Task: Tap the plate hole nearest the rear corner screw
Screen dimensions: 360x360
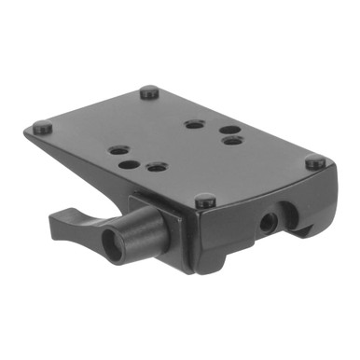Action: (193, 124)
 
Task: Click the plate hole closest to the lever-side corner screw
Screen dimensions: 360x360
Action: (117, 149)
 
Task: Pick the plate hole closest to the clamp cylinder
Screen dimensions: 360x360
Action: (156, 169)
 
